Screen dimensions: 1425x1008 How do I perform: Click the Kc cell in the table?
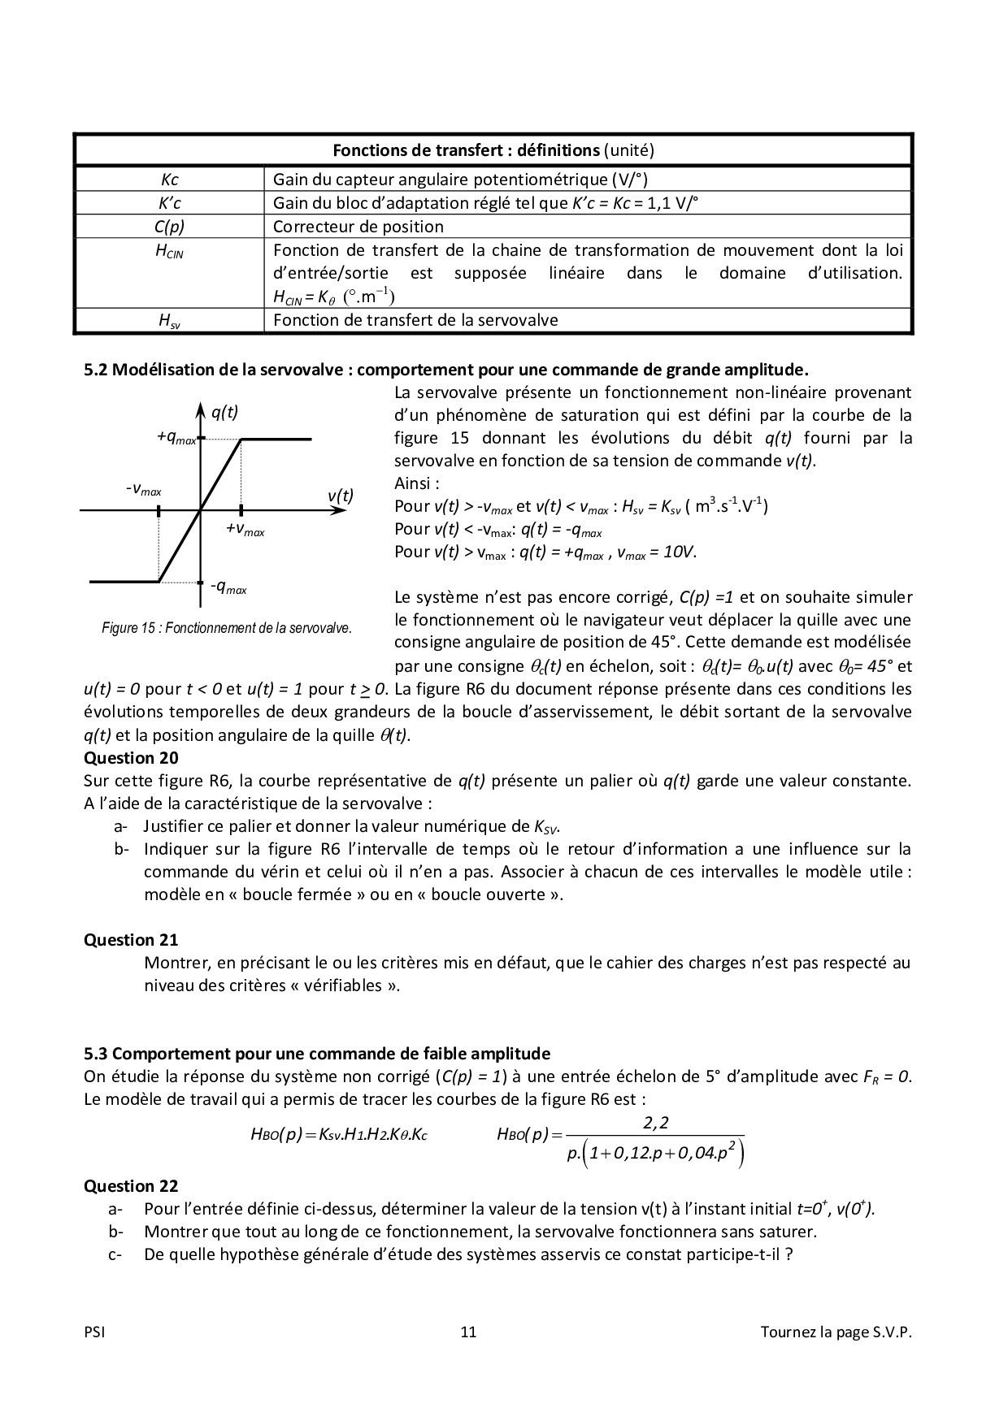[x=169, y=180]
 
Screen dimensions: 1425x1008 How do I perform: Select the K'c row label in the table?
[x=169, y=203]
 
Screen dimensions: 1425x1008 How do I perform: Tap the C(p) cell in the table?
[x=169, y=227]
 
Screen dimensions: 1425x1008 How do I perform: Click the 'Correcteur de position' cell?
[x=358, y=227]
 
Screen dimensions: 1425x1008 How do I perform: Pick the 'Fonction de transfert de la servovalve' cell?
[x=415, y=320]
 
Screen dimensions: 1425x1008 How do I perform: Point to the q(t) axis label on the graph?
[x=224, y=413]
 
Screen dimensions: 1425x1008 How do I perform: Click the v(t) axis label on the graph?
[x=341, y=496]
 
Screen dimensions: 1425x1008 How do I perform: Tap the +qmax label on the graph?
[x=176, y=438]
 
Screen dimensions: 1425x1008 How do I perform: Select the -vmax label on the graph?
[x=144, y=490]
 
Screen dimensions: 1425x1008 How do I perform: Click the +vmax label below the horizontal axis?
[x=245, y=530]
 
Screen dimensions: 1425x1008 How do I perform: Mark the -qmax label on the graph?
[x=228, y=587]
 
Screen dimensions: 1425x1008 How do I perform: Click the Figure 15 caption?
[x=227, y=628]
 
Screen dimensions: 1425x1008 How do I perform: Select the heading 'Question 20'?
[x=131, y=758]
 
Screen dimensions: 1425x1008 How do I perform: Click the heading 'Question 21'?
[x=131, y=940]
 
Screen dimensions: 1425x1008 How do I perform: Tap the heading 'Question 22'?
[x=131, y=1186]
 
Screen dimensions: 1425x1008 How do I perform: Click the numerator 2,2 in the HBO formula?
[x=655, y=1124]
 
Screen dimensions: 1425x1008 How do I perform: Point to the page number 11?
[x=468, y=1332]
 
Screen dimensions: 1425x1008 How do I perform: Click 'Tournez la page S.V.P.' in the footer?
[x=836, y=1332]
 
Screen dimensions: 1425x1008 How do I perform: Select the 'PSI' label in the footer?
[x=94, y=1332]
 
